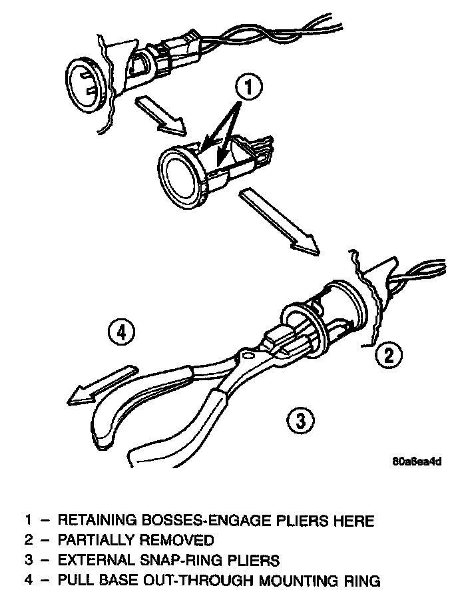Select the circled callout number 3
[300, 420]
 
